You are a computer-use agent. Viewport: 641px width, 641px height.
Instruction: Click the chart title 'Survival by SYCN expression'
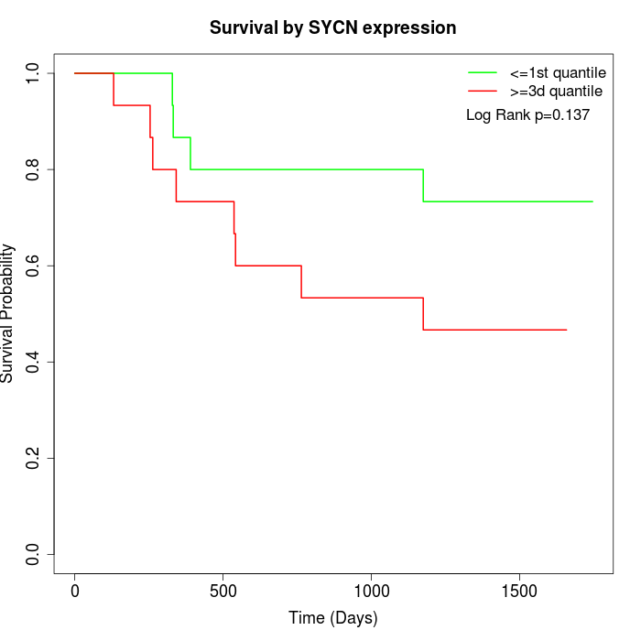pos(332,27)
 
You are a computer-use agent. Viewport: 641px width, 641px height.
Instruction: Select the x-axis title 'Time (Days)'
pos(332,618)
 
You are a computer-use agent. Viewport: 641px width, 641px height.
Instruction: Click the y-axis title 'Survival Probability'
pos(8,313)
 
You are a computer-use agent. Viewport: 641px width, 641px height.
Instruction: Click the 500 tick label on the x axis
pos(223,588)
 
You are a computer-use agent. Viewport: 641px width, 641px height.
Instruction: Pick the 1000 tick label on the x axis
pos(371,588)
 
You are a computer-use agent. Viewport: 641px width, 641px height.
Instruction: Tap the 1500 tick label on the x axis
pos(519,588)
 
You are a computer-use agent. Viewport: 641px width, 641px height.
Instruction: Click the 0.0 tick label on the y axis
pos(33,555)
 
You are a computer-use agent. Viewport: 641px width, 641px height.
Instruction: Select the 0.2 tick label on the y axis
pos(33,459)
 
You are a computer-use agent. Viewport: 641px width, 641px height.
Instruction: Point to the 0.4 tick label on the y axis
pos(33,363)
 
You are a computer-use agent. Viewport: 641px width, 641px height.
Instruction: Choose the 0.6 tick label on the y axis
pos(33,266)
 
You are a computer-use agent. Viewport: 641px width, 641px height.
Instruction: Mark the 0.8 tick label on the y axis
pos(33,169)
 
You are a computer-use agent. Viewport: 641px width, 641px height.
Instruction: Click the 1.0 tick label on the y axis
pos(33,73)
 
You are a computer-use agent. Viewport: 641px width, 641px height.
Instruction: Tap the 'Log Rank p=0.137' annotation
pos(527,115)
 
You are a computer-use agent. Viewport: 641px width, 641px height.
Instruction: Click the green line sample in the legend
pos(482,72)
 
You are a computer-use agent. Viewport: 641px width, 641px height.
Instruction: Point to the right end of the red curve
pos(566,330)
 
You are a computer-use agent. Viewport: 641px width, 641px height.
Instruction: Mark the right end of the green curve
pos(592,201)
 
